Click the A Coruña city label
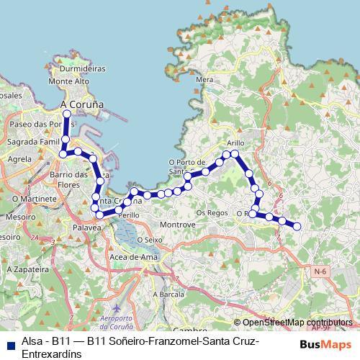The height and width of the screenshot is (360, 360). click(82, 104)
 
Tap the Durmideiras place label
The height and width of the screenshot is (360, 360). click(84, 69)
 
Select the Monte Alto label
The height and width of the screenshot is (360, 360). click(68, 82)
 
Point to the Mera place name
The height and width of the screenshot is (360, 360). click(204, 80)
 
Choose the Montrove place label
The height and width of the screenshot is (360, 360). click(178, 225)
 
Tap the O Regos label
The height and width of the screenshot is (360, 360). click(212, 213)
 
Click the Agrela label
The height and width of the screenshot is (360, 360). click(19, 158)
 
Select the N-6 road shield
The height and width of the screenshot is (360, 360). click(320, 271)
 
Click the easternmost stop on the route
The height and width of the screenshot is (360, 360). click(296, 227)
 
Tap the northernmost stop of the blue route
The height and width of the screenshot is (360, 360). click(66, 113)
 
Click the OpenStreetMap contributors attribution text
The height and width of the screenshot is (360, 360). click(297, 323)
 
